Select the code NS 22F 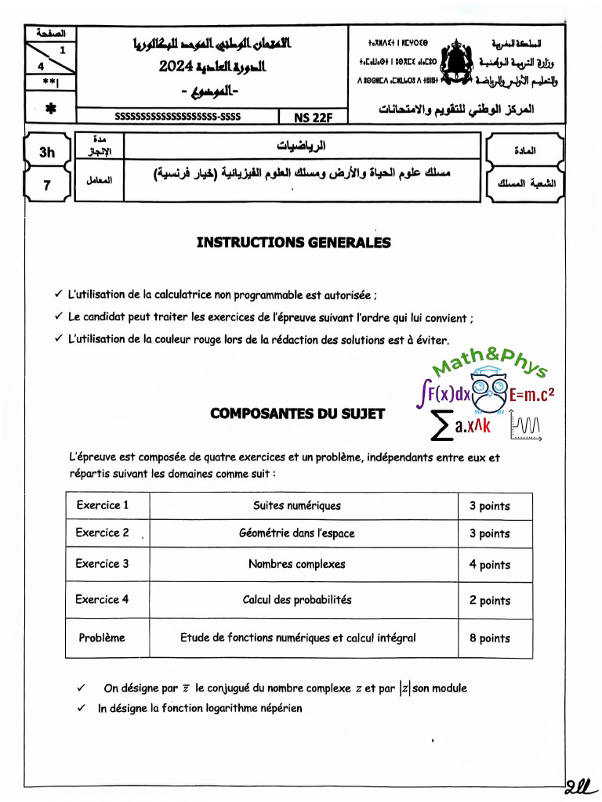[x=314, y=117]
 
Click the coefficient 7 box [x=47, y=186]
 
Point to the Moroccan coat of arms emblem [x=455, y=65]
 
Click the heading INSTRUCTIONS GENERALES [x=293, y=243]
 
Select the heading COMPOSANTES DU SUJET [x=297, y=414]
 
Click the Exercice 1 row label [x=103, y=505]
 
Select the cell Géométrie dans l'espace [x=296, y=533]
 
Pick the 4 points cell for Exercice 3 [x=490, y=565]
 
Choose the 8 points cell [x=490, y=638]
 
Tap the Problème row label [x=102, y=638]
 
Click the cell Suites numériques [x=297, y=506]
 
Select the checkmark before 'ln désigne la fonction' [x=82, y=708]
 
